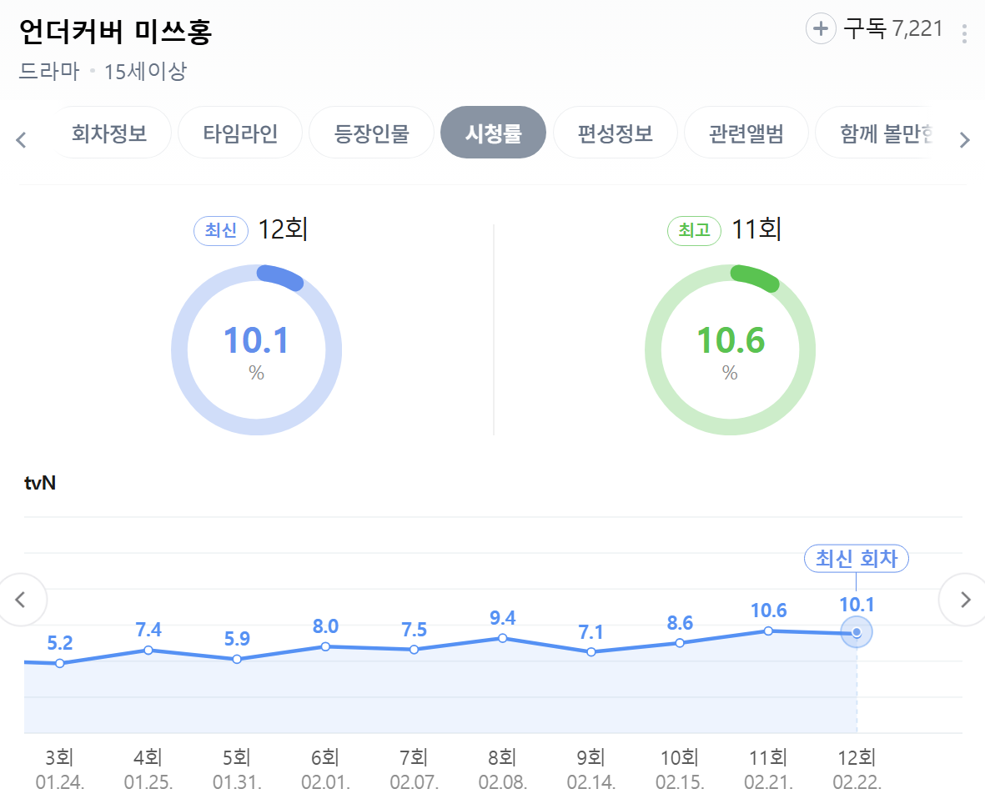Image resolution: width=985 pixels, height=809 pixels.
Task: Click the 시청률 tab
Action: tap(493, 133)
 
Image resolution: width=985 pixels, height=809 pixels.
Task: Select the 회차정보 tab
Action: tap(109, 133)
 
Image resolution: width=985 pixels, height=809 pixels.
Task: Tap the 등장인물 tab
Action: tap(371, 133)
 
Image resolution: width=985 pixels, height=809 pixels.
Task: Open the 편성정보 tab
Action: tap(615, 133)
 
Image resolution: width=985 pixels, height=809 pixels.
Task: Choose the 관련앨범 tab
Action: tap(746, 133)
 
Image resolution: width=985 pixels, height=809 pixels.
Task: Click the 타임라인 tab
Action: tap(240, 133)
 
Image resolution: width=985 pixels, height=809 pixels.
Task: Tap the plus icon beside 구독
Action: tap(821, 29)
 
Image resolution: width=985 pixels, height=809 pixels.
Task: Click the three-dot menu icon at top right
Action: tap(964, 33)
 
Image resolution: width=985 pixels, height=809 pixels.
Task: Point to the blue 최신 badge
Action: tap(221, 231)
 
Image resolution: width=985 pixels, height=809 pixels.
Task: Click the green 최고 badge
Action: tap(694, 231)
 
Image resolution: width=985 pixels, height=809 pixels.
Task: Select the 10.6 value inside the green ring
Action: tap(730, 341)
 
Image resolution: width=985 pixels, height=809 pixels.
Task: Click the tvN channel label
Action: tap(40, 482)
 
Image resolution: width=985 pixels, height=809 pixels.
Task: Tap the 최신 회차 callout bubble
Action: tap(856, 558)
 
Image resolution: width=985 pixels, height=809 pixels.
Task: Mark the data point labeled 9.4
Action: tap(503, 638)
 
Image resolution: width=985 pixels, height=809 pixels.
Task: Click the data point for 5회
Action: tap(237, 659)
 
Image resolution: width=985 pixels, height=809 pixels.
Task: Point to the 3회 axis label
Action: tap(59, 758)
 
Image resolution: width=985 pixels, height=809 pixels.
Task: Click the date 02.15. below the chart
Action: tap(680, 783)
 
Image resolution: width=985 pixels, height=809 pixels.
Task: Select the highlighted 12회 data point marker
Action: tap(857, 633)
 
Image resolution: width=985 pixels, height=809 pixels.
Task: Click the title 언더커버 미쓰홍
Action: tap(115, 32)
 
